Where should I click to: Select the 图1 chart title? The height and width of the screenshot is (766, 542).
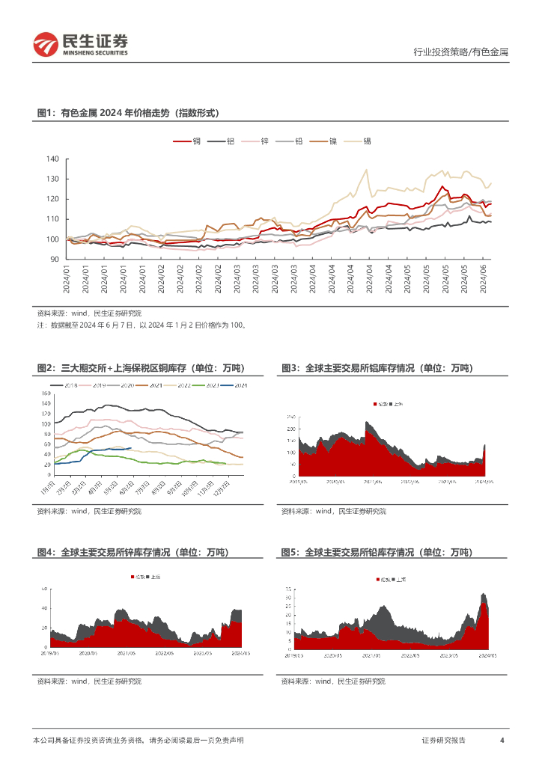pyautogui.click(x=128, y=113)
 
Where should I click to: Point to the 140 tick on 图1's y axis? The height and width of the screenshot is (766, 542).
pyautogui.click(x=52, y=159)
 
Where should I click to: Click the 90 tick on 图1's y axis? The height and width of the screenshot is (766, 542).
pyautogui.click(x=54, y=259)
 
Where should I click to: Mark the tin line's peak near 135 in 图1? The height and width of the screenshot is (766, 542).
pyautogui.click(x=366, y=170)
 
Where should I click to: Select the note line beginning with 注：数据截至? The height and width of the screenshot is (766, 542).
pyautogui.click(x=141, y=325)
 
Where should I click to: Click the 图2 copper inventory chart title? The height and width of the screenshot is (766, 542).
pyautogui.click(x=141, y=368)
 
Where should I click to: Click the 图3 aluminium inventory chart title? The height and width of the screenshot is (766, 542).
pyautogui.click(x=377, y=368)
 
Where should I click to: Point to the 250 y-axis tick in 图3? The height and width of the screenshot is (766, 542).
pyautogui.click(x=292, y=415)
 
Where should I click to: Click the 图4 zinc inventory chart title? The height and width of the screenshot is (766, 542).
pyautogui.click(x=133, y=552)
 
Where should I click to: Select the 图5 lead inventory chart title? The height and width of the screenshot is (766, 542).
pyautogui.click(x=377, y=552)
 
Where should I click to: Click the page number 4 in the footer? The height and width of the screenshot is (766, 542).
pyautogui.click(x=502, y=740)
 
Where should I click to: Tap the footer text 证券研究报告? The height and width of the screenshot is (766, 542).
pyautogui.click(x=443, y=740)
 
